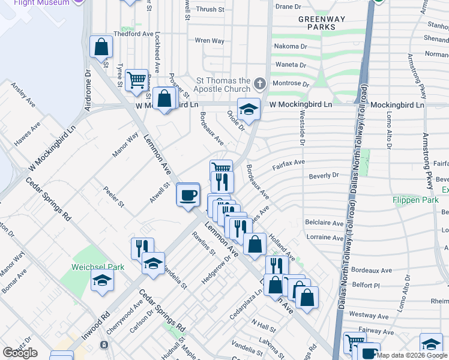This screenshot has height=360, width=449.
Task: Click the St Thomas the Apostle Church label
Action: point(224,86)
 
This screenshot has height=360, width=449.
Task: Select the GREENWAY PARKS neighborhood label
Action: point(322,23)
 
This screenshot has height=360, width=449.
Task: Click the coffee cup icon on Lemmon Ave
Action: point(189,194)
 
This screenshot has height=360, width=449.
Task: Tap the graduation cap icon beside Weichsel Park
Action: point(103,279)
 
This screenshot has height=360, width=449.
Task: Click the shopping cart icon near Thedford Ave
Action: point(137,79)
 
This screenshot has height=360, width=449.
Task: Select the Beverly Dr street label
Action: point(324,176)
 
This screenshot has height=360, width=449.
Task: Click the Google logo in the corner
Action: point(20,353)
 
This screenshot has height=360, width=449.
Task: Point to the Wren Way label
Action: point(209,41)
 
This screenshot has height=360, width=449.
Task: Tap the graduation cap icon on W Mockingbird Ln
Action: point(249,109)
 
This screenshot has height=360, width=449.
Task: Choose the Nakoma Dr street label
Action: point(291,46)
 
